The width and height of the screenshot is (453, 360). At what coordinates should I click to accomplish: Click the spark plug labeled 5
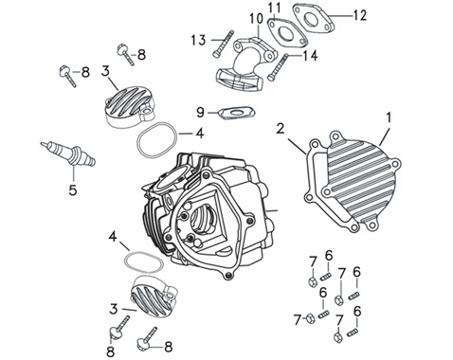click(68, 153)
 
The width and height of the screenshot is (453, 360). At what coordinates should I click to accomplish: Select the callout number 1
click(390, 117)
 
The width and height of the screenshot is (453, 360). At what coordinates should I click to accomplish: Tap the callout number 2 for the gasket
click(281, 129)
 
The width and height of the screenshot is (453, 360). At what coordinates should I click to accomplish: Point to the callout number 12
click(359, 15)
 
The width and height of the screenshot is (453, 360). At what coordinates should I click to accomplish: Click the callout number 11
click(275, 9)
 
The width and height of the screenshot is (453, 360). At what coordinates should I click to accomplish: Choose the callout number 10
click(256, 19)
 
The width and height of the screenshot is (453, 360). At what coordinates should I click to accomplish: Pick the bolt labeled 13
click(224, 44)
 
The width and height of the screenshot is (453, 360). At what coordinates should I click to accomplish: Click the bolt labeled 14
click(278, 66)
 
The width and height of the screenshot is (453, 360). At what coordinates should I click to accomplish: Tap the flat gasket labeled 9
click(237, 113)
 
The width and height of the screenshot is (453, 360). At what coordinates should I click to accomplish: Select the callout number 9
click(200, 113)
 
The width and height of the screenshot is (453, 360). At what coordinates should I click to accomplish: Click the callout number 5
click(73, 190)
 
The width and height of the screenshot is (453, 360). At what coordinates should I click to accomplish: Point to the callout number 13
click(198, 40)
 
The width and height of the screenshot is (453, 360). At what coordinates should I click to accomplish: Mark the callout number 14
click(310, 56)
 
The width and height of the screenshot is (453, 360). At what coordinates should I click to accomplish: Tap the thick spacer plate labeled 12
click(314, 18)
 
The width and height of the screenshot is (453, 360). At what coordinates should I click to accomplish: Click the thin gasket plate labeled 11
click(287, 33)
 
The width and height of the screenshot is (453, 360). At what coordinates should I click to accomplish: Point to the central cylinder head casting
click(207, 215)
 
